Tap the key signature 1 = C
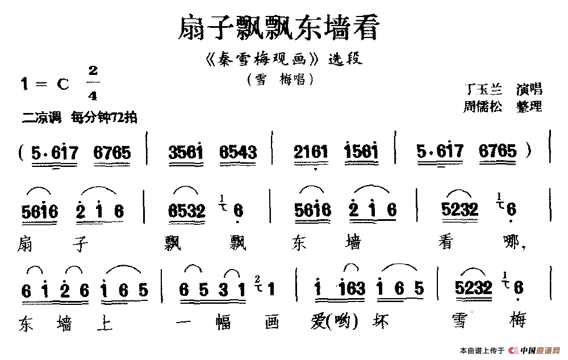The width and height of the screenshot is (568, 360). tap(44, 85)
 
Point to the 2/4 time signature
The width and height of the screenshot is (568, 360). tap(93, 83)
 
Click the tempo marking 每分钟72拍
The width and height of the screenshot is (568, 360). tap(104, 118)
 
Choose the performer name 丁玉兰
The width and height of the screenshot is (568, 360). tap(483, 89)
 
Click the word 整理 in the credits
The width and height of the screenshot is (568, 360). tap(529, 106)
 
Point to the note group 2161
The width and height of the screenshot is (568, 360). tap(311, 152)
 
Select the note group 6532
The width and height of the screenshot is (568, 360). tap(187, 211)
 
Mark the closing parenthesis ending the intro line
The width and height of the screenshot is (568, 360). tap(531, 151)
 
